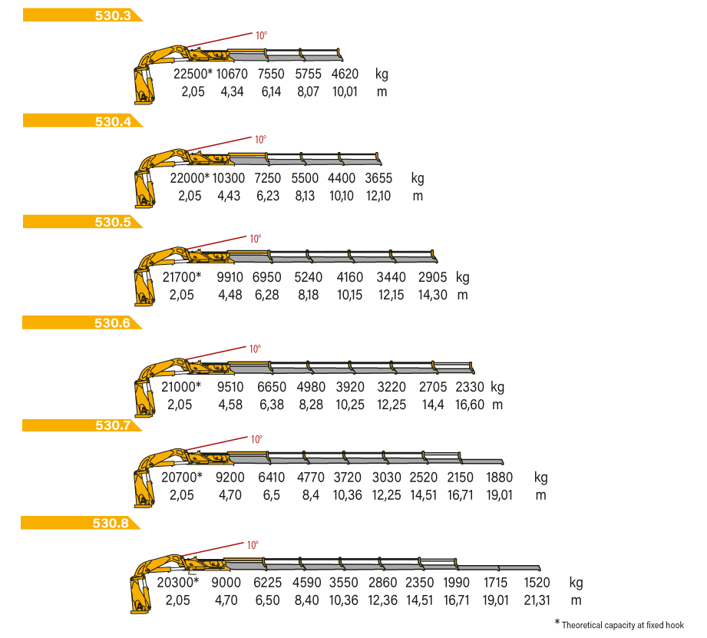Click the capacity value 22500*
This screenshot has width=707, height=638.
(x=193, y=74)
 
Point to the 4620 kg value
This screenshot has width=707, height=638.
(x=345, y=74)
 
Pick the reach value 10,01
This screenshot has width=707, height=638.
(x=345, y=91)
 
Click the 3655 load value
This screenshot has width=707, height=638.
(x=378, y=178)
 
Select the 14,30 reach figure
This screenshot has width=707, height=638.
(x=432, y=295)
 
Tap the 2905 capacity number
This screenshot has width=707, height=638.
(x=432, y=277)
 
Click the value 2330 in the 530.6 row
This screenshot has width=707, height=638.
(x=469, y=387)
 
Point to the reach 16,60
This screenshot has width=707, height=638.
(x=469, y=405)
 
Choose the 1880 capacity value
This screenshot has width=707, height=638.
(x=499, y=477)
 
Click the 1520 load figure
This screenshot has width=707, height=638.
(x=537, y=583)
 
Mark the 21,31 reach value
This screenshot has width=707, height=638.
(x=537, y=600)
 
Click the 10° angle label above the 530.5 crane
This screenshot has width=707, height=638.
(x=256, y=239)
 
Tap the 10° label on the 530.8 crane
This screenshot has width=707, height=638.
(x=253, y=544)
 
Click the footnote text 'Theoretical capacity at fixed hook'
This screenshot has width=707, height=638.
(x=623, y=625)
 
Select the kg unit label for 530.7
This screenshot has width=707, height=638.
(x=541, y=478)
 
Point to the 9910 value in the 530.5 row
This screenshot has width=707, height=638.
(x=230, y=277)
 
